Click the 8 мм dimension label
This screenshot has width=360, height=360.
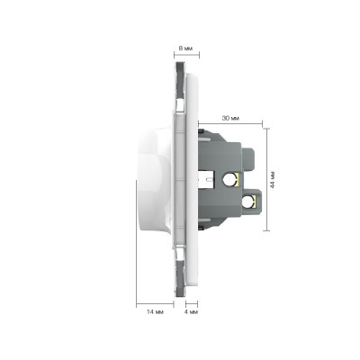click(x=186, y=48)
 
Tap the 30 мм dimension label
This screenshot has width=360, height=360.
click(x=230, y=118)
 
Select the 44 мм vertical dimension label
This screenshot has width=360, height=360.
click(x=273, y=180)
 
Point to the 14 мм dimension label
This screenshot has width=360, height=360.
click(x=155, y=312)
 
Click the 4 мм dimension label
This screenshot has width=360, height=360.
click(x=191, y=312)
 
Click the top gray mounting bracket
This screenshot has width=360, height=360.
click(x=180, y=80)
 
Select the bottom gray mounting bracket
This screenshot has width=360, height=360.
click(x=180, y=278)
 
